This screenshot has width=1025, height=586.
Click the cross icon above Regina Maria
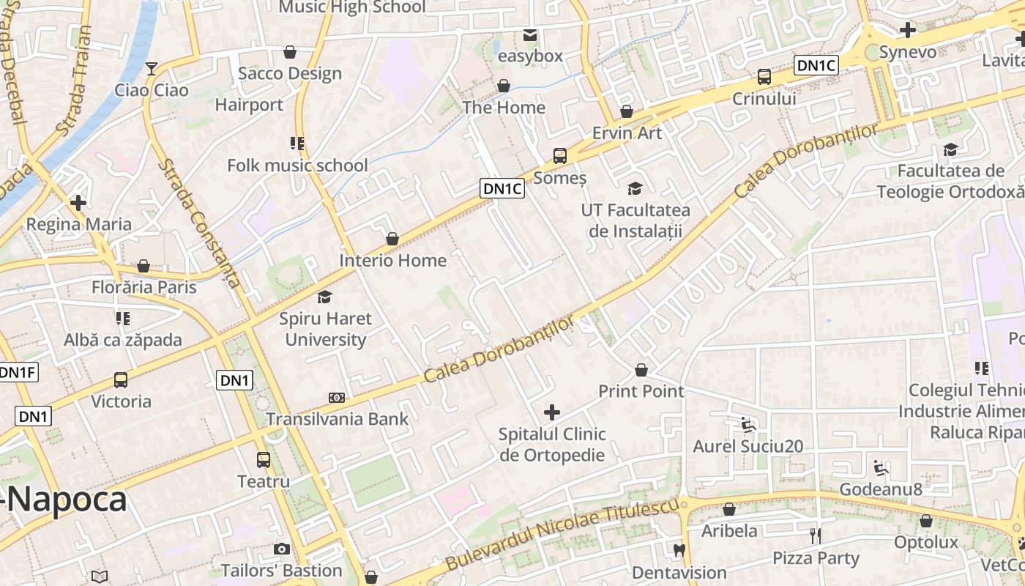click(78, 203)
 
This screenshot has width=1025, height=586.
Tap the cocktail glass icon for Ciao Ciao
click(152, 69)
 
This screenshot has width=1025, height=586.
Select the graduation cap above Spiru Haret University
click(324, 297)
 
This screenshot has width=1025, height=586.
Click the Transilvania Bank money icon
click(337, 398)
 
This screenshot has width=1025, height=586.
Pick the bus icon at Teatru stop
click(264, 460)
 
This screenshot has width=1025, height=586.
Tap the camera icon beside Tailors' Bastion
click(282, 549)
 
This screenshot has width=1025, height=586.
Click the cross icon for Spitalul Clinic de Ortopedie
click(552, 412)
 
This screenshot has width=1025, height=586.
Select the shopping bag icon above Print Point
click(641, 370)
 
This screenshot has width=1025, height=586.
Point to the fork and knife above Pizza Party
click(816, 536)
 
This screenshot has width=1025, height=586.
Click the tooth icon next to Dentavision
click(679, 550)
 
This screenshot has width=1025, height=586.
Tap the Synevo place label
click(907, 52)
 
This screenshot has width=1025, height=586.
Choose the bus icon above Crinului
click(764, 77)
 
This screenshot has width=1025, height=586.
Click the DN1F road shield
click(18, 372)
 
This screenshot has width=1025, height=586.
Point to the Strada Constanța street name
click(200, 223)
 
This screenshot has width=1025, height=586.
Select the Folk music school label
click(297, 166)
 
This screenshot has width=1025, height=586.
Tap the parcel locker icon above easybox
click(530, 34)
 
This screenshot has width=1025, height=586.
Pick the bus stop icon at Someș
click(560, 155)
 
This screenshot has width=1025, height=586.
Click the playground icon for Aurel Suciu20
click(747, 424)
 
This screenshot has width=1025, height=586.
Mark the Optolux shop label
click(925, 543)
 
